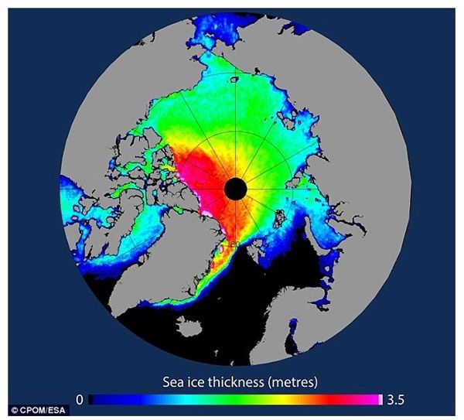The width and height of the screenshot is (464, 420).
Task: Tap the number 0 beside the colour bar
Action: (x=80, y=399)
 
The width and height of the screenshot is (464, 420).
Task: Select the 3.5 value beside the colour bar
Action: (x=394, y=399)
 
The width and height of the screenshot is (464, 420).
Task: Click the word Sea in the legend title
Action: (x=175, y=381)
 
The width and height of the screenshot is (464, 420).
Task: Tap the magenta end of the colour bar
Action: (x=377, y=399)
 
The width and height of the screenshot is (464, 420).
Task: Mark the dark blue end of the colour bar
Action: (x=97, y=399)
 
